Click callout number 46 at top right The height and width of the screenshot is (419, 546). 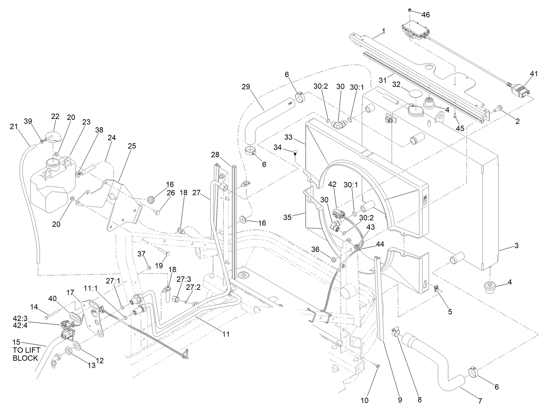[425, 15]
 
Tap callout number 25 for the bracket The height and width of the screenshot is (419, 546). [132, 146]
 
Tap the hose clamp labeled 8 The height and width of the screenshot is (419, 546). [396, 332]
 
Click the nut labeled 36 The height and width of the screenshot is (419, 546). [334, 259]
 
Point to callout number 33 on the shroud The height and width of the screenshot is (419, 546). [288, 137]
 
